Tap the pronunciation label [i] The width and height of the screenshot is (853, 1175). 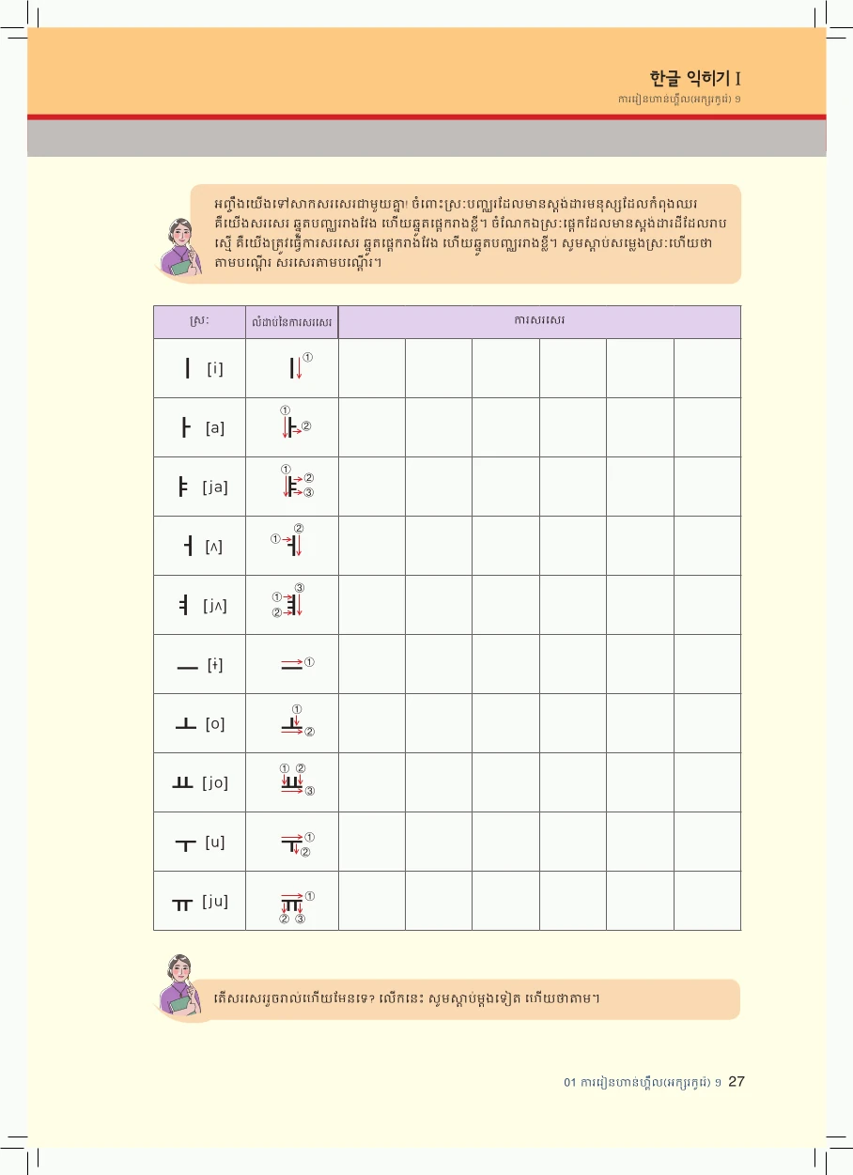point(215,368)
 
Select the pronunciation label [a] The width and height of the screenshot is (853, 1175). point(215,427)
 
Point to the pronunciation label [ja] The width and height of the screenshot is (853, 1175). point(215,487)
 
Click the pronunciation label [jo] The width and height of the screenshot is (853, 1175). point(215,782)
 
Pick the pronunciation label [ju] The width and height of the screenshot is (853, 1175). point(215,901)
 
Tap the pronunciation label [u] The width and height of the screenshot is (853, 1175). point(215,842)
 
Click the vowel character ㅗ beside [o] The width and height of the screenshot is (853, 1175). point(185,724)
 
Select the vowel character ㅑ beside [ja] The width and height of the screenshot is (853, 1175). point(184,487)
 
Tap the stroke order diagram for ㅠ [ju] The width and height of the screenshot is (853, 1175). point(293,904)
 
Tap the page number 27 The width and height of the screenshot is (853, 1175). point(737,1081)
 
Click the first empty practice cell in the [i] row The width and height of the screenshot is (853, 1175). point(372,368)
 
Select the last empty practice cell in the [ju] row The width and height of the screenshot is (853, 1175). point(706,901)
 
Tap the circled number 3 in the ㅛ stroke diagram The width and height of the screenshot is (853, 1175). point(310,791)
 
